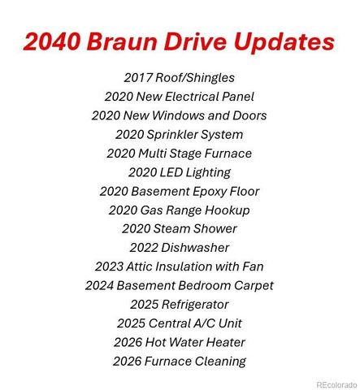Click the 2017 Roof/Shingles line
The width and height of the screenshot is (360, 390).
pyautogui.click(x=180, y=78)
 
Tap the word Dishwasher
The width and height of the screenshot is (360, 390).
pyautogui.click(x=194, y=247)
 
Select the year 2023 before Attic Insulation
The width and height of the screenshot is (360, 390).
pyautogui.click(x=109, y=266)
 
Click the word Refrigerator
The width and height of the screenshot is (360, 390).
pyautogui.click(x=195, y=304)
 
